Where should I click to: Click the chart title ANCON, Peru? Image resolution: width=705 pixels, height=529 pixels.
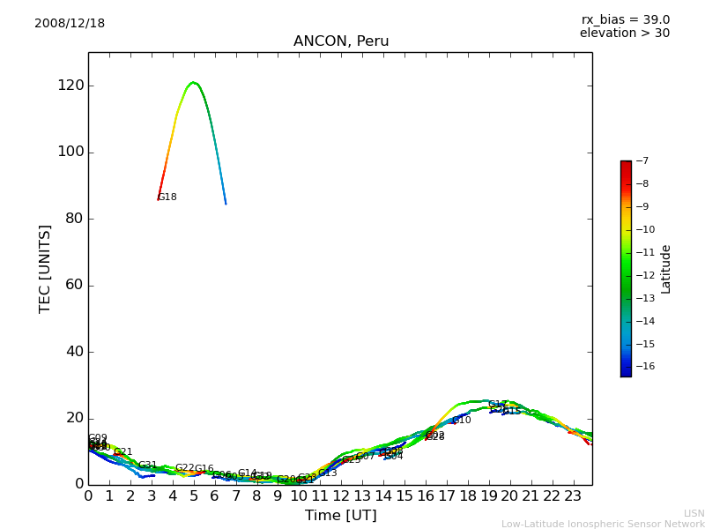click(340, 41)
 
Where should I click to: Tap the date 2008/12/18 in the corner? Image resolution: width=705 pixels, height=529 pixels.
click(70, 24)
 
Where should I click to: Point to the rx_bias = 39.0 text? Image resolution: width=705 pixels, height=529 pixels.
click(625, 19)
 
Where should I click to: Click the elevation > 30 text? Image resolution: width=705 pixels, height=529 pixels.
click(624, 34)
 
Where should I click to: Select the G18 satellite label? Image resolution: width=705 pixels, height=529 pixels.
click(167, 197)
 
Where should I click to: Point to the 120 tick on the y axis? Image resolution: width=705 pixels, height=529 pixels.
click(71, 86)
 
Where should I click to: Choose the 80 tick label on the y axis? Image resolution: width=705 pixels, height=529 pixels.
click(75, 219)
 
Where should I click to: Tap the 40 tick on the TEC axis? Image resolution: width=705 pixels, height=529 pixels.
click(75, 352)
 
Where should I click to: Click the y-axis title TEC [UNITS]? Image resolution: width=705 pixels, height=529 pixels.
click(45, 268)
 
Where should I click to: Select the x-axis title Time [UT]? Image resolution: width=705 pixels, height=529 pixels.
click(340, 516)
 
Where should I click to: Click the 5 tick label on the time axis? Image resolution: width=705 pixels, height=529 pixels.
click(194, 496)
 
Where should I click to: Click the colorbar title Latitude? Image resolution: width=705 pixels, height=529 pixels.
click(666, 269)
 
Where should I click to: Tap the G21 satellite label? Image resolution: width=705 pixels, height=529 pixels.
click(122, 452)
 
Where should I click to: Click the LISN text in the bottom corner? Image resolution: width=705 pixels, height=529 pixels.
click(694, 513)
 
